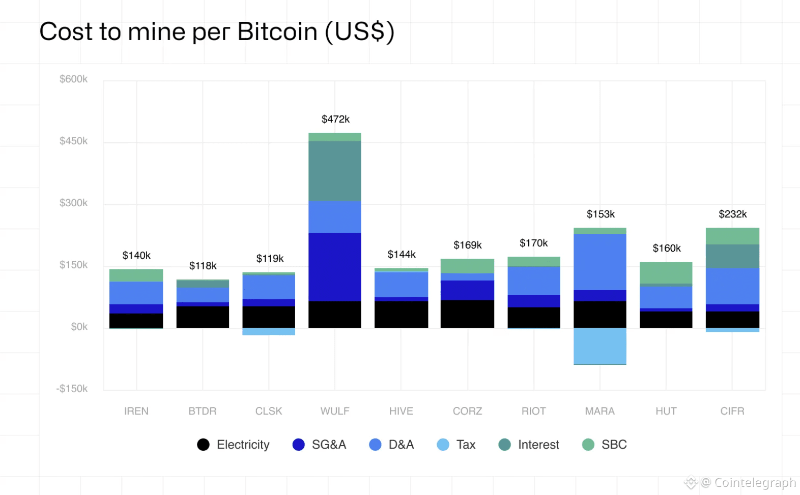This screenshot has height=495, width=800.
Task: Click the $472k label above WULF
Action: tap(335, 119)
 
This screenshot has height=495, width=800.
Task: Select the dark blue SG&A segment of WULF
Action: tap(335, 267)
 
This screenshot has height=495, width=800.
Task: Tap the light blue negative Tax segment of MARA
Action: tap(599, 346)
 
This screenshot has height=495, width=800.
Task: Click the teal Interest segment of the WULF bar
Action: tap(335, 171)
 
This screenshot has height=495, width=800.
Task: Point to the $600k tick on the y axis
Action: tap(73, 79)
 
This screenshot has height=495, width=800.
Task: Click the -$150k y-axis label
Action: tap(72, 389)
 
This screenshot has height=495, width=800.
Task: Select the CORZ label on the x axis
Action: tap(467, 411)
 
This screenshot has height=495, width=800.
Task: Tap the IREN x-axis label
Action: tap(136, 411)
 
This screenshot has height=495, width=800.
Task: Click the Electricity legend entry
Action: tap(234, 445)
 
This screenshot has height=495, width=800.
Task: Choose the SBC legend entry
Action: tap(605, 445)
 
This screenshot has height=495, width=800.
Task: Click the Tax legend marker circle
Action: tap(443, 445)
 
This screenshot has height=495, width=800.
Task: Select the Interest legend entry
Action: tap(529, 445)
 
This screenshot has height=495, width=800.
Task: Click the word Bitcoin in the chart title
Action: tap(277, 32)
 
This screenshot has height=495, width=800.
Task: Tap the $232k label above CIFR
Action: tap(732, 214)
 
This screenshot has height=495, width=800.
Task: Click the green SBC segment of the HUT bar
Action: tap(666, 272)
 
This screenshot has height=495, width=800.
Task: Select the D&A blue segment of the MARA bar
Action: tap(599, 262)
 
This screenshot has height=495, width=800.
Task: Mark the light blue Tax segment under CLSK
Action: tap(269, 332)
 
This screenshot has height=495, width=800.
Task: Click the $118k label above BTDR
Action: tap(203, 266)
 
